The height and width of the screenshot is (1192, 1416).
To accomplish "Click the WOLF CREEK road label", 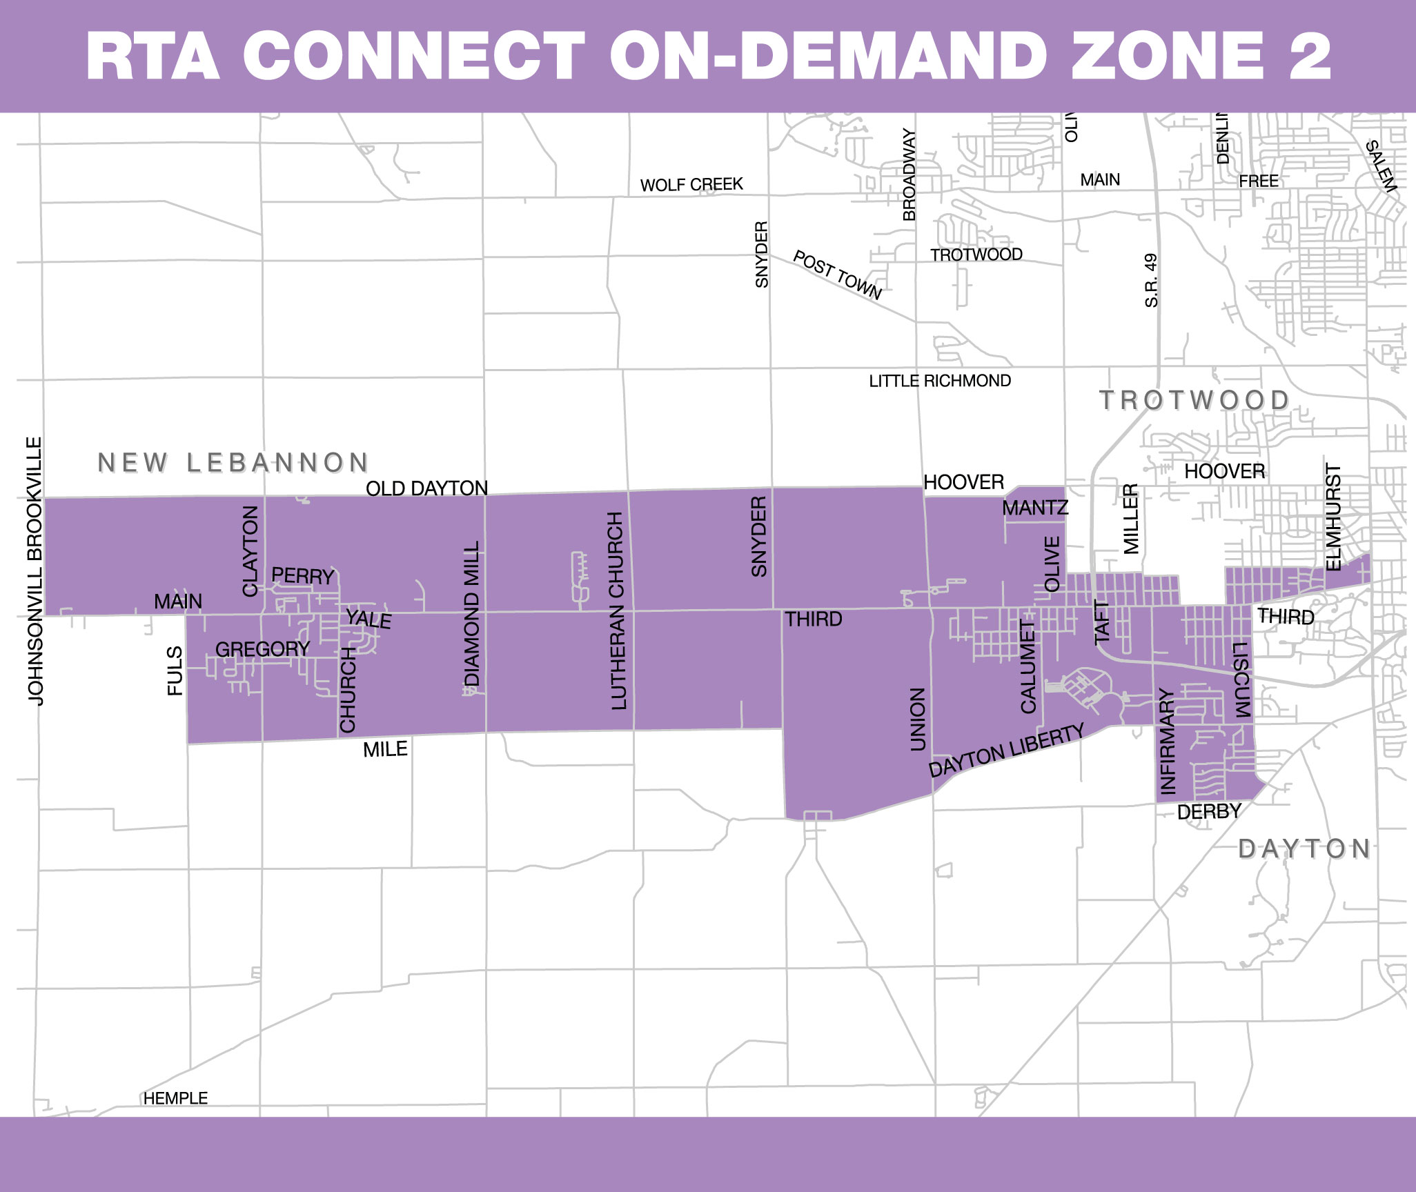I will pyautogui.click(x=691, y=185).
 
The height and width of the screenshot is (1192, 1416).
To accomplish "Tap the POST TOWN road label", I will pyautogui.click(x=837, y=275).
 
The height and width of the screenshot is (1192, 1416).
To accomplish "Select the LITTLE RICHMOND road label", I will pyautogui.click(x=940, y=381).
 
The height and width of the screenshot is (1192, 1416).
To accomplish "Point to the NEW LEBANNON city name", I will pyautogui.click(x=233, y=463).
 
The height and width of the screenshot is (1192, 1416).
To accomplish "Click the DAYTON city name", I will pyautogui.click(x=1304, y=848).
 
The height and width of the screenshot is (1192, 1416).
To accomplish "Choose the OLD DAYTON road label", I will pyautogui.click(x=426, y=488).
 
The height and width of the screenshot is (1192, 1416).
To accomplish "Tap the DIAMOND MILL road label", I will pyautogui.click(x=472, y=614).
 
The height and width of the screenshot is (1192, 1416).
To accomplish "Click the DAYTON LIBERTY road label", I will pyautogui.click(x=1006, y=751).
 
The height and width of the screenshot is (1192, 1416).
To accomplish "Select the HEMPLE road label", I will pyautogui.click(x=175, y=1098).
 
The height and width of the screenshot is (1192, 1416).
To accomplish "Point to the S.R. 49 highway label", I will pyautogui.click(x=1151, y=280).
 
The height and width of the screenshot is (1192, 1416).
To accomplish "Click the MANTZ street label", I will pyautogui.click(x=1035, y=508).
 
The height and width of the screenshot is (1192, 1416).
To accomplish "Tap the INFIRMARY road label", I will pyautogui.click(x=1167, y=742).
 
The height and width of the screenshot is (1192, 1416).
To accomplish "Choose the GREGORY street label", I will pyautogui.click(x=262, y=649).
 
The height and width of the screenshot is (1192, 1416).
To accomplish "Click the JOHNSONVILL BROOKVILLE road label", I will pyautogui.click(x=35, y=570).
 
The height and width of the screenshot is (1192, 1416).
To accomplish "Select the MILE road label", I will pyautogui.click(x=385, y=749).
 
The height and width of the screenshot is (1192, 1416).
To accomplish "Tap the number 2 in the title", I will pyautogui.click(x=1309, y=57).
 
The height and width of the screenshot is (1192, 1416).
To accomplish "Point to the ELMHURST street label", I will pyautogui.click(x=1334, y=517).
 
